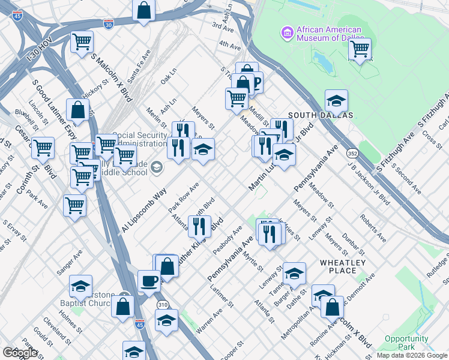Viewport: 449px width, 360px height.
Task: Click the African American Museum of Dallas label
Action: [x=329, y=34]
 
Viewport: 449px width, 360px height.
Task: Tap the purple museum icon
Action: [x=286, y=32]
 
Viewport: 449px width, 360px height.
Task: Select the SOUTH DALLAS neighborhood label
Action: [x=321, y=115]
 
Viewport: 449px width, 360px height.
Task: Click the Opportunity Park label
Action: [x=406, y=343]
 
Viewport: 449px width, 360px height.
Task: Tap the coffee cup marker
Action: [x=148, y=280]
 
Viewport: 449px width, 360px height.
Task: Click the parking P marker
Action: [x=256, y=82]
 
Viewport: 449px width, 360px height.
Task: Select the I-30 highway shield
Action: [x=108, y=24]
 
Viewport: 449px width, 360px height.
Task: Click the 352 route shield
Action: [x=352, y=154]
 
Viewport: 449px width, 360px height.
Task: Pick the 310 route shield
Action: [x=163, y=305]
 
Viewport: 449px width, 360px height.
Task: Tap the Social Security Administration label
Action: [x=139, y=139]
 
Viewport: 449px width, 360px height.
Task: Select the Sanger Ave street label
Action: [x=70, y=263]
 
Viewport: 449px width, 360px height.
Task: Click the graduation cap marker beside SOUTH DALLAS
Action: [x=336, y=100]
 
